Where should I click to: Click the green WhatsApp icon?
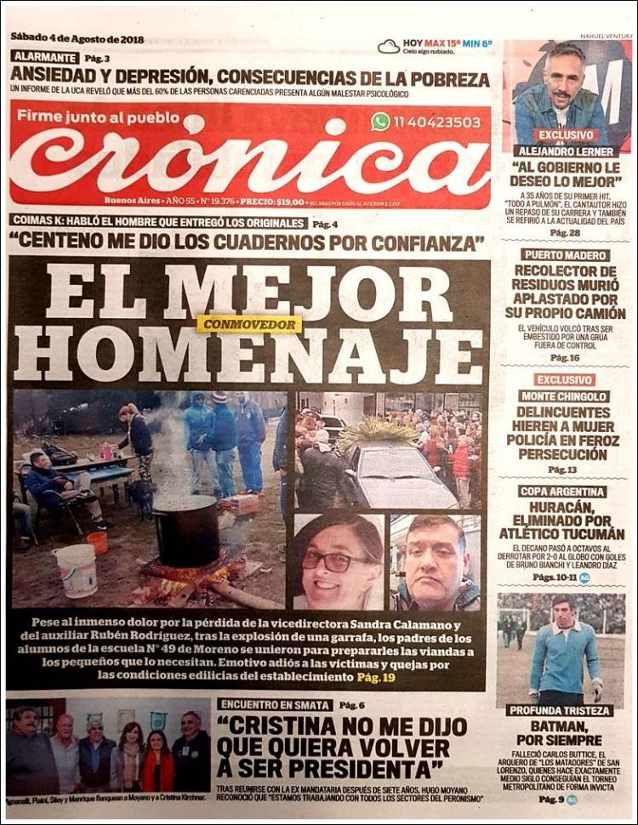pyautogui.click(x=380, y=122)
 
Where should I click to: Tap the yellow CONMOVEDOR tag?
pyautogui.click(x=249, y=324)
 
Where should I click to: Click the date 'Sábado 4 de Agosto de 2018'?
pyautogui.click(x=77, y=39)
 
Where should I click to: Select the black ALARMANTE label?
pyautogui.click(x=45, y=58)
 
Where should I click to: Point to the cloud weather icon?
pyautogui.click(x=389, y=46)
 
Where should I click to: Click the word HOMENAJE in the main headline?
pyautogui.click(x=248, y=356)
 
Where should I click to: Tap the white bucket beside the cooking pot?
pyautogui.click(x=75, y=569)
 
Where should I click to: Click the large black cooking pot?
pyautogui.click(x=185, y=529)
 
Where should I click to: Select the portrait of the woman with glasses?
pyautogui.click(x=338, y=561)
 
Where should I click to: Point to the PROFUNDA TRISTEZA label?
pyautogui.click(x=560, y=710)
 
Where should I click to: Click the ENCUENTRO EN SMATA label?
pyautogui.click(x=275, y=704)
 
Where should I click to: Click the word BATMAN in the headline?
pyautogui.click(x=560, y=726)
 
